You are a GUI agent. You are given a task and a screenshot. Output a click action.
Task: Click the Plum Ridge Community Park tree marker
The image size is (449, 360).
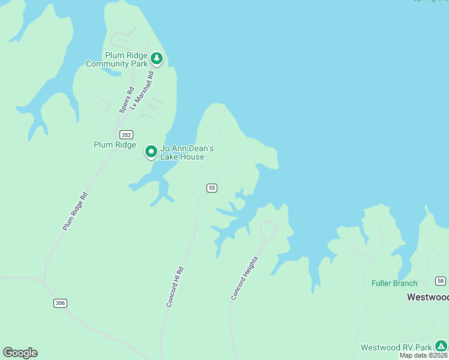[157, 58]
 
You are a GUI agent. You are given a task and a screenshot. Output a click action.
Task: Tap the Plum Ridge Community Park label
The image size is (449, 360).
[117, 59]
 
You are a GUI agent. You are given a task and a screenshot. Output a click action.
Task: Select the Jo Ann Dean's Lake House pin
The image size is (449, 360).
[151, 151]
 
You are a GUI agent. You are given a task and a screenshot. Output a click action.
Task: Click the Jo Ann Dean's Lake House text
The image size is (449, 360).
[187, 152]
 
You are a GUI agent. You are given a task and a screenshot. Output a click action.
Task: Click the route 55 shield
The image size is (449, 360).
[211, 188]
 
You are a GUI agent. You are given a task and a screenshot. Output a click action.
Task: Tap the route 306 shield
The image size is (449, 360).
[59, 303]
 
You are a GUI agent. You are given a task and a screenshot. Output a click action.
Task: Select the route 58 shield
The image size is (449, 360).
[441, 281]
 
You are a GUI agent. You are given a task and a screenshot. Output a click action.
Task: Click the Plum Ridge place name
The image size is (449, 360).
[115, 145]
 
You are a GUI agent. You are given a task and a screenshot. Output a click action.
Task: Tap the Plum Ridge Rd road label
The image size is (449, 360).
[75, 211]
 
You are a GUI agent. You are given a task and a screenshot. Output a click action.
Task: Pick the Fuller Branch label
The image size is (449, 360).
[394, 283]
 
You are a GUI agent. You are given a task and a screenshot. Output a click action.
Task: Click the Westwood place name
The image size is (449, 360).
[427, 297]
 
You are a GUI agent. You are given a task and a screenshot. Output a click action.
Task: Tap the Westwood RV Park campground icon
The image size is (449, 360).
[441, 346]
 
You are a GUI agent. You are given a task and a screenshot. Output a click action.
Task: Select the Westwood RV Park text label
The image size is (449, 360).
[396, 347]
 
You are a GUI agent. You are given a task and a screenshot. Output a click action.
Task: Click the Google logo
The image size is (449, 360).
[20, 353]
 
